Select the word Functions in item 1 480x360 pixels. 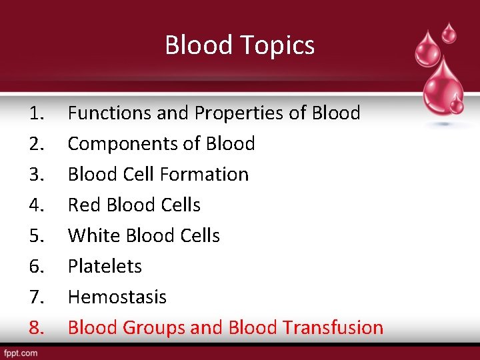coord(110,113)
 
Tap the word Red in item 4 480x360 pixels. coord(84,205)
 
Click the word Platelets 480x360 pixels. coord(105,267)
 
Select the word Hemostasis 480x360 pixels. coord(117,297)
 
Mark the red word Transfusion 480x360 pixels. coord(333,328)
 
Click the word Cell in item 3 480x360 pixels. coord(141,175)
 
